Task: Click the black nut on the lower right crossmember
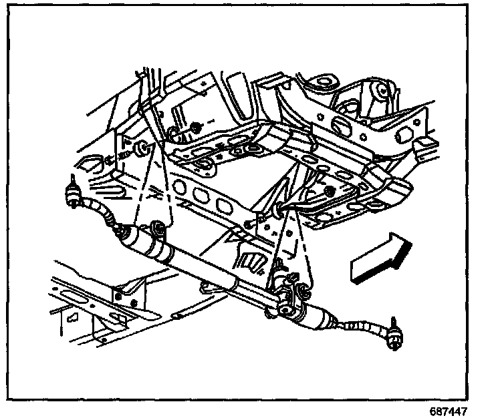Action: [x=330, y=192]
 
